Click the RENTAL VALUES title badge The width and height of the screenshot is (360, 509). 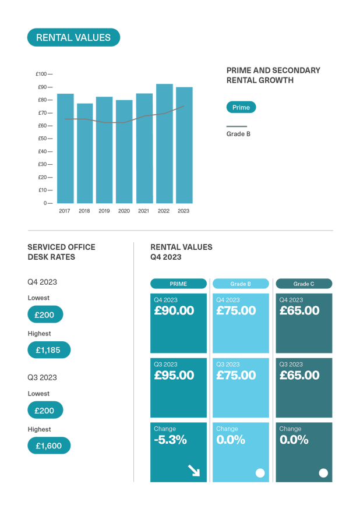click(73, 38)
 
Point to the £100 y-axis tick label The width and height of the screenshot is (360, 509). click(41, 74)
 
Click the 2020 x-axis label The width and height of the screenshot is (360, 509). click(123, 211)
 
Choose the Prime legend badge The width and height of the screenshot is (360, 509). click(241, 107)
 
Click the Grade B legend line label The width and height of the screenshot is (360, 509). click(238, 133)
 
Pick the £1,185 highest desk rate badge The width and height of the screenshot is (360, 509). click(49, 350)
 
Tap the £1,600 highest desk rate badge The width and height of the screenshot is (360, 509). click(49, 446)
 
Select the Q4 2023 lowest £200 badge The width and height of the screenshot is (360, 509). click(45, 314)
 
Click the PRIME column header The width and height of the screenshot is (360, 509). click(178, 284)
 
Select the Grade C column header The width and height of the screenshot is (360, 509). click(303, 284)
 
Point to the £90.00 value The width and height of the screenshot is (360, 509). click(174, 311)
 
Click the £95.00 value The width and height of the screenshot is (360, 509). click(174, 376)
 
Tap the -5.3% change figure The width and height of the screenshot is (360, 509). click(170, 440)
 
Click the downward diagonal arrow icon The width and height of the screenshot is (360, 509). click(193, 470)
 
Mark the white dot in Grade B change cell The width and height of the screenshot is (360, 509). click(260, 473)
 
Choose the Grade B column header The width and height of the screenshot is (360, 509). click(241, 284)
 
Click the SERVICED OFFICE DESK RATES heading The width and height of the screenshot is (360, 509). click(61, 252)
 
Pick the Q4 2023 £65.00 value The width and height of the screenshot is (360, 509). click(299, 311)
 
